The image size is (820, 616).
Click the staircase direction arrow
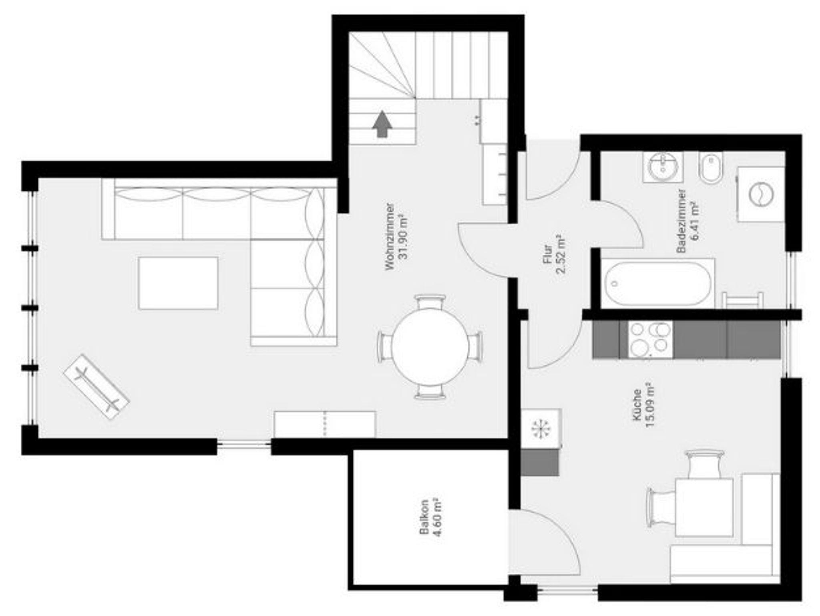(x=383, y=124)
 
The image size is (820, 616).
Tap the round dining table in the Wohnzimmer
(x=430, y=347)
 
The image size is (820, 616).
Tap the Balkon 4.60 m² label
(x=430, y=517)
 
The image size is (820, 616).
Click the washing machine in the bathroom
(x=761, y=194)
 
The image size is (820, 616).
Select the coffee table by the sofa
(x=178, y=283)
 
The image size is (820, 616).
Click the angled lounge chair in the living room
(x=96, y=387)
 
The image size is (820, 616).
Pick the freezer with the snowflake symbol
(x=541, y=429)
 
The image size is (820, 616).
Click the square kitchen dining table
(x=704, y=507)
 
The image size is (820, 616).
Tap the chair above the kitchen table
(x=704, y=464)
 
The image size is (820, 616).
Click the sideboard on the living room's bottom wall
(x=325, y=424)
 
